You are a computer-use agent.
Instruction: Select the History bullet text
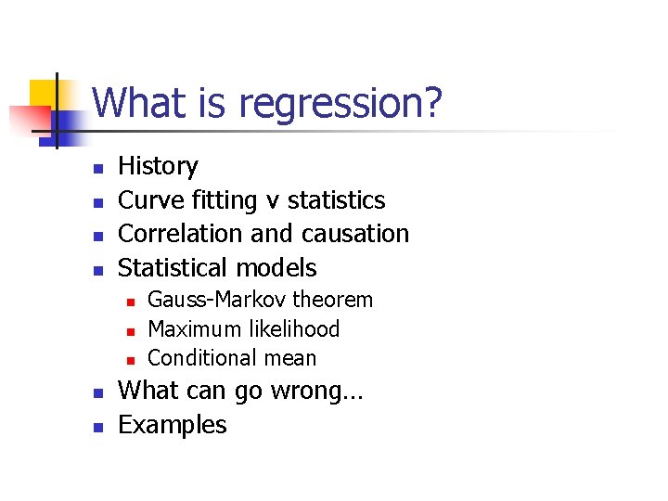[x=158, y=166]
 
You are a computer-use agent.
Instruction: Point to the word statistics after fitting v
[x=337, y=200]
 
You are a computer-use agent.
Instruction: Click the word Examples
[x=173, y=425]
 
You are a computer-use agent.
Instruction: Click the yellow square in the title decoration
[x=44, y=94]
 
